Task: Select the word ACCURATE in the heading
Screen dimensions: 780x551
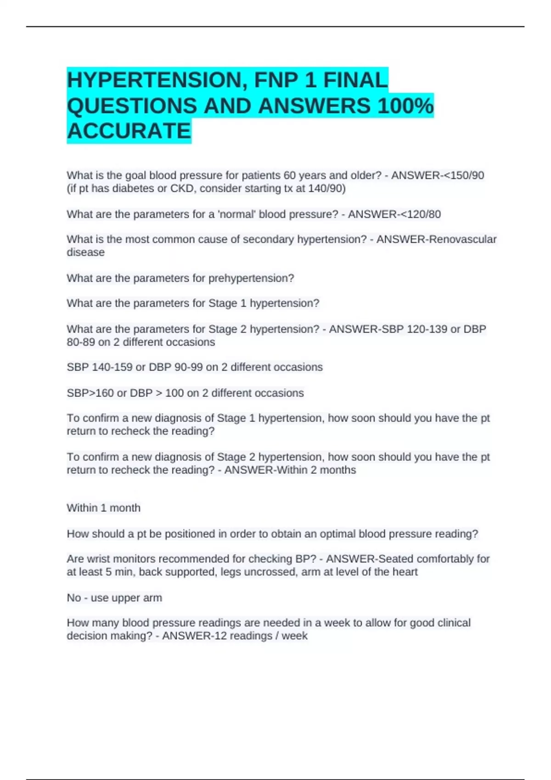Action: click(129, 131)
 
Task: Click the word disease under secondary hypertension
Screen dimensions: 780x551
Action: click(85, 252)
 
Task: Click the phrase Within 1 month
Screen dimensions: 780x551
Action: click(103, 508)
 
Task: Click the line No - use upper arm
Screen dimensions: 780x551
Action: click(114, 597)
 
